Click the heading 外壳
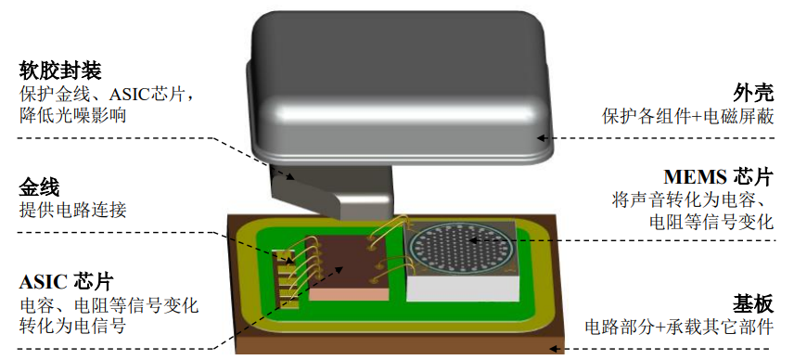click(x=749, y=94)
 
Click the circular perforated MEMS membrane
click(x=461, y=247)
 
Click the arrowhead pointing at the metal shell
click(x=543, y=140)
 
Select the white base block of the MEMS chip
click(x=459, y=289)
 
